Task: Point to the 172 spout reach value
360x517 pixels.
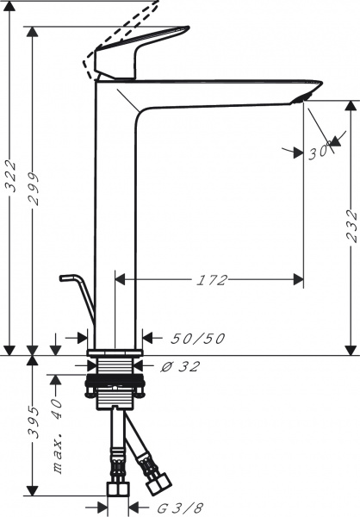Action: coord(209,280)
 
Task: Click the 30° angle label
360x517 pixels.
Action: coord(318,152)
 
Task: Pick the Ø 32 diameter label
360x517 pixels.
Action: coord(181,366)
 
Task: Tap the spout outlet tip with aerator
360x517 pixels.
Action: coord(306,95)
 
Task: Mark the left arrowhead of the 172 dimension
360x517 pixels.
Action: coord(120,280)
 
